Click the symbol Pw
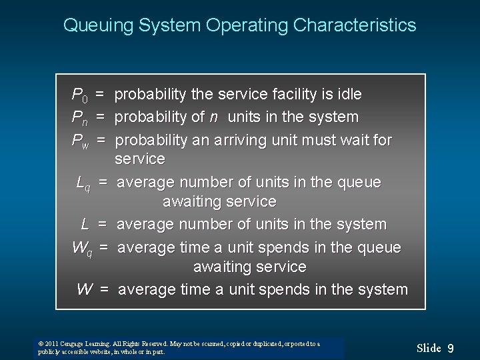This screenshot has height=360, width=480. [x=81, y=141]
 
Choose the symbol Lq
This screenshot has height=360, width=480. [x=85, y=183]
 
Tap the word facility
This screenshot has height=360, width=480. [x=301, y=95]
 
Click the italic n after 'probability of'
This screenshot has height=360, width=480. [x=213, y=118]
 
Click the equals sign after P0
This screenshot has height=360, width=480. [x=99, y=95]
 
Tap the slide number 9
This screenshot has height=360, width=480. [x=451, y=347]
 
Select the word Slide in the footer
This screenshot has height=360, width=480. [x=429, y=347]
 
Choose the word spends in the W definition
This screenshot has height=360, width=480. [x=293, y=289]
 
